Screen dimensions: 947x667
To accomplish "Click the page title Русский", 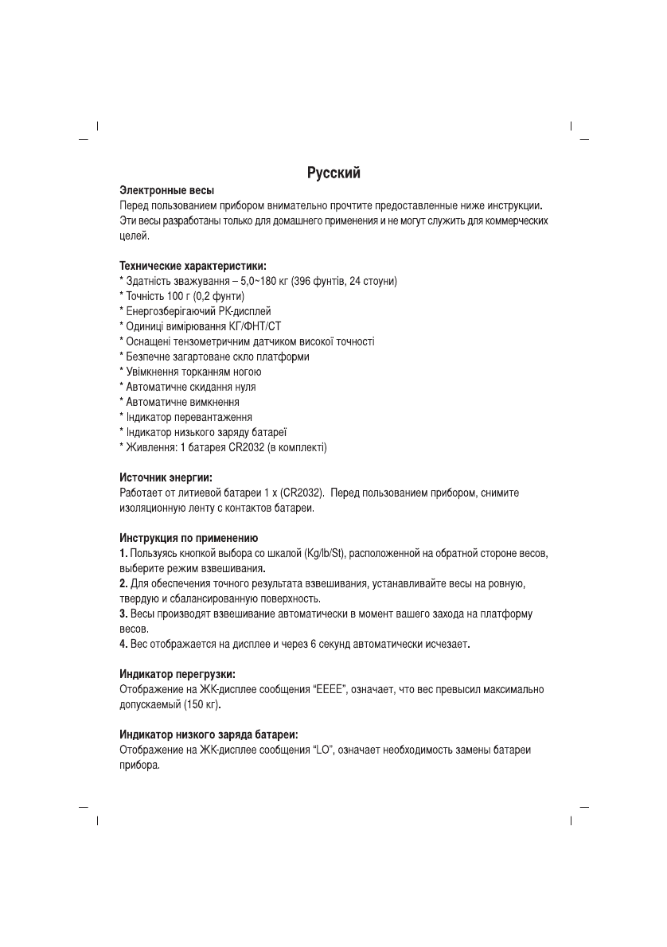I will (334, 173).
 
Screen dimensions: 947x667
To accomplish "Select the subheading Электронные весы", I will (166, 192).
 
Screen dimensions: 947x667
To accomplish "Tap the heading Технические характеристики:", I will (193, 266).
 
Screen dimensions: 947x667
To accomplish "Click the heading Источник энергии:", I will (166, 477).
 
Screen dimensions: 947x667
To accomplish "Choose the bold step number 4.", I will (123, 643).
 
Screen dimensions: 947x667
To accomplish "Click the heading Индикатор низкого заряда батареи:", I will (209, 735).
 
